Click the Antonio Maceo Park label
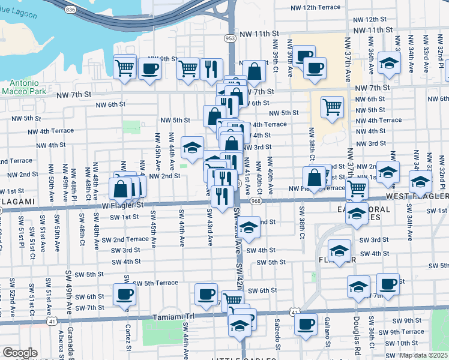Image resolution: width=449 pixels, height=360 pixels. (25, 86)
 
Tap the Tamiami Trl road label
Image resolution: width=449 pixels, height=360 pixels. (175, 316)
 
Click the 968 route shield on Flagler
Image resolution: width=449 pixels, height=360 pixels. (256, 201)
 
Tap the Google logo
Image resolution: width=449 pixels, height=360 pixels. (20, 353)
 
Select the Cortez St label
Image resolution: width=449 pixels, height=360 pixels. (128, 340)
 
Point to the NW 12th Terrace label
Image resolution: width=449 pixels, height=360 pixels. (316, 8)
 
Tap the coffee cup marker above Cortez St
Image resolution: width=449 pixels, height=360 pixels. (125, 294)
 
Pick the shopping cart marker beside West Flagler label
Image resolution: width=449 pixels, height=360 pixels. (357, 188)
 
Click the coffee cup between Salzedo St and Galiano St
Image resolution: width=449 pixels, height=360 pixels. (306, 325)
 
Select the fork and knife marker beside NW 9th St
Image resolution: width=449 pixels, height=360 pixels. (211, 69)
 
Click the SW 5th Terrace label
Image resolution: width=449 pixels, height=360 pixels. (155, 283)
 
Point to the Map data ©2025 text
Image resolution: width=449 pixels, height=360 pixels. (424, 355)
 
